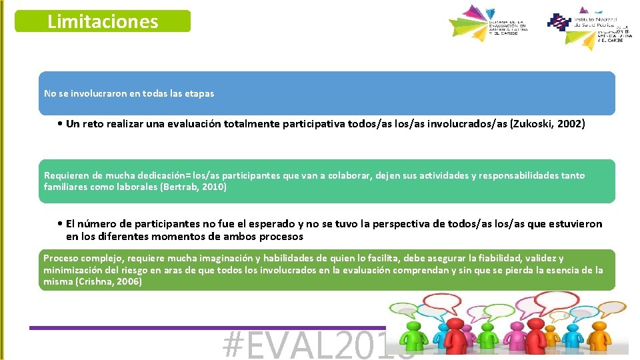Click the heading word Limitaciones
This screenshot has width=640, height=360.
pos(103,21)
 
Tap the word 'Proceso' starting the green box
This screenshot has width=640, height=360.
pos(60,258)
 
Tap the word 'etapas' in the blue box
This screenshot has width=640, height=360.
pos(199,93)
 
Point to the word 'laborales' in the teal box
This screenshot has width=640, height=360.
pos(136,187)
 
